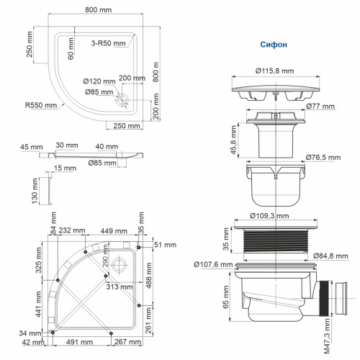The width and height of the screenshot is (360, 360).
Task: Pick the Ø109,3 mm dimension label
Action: coord(276,215)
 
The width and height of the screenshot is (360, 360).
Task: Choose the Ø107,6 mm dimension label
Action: coord(213,264)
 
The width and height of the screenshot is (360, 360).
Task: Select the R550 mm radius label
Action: coord(40,105)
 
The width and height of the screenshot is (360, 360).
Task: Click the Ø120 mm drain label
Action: coord(98,82)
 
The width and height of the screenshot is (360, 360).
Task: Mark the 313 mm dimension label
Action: coord(117,287)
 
